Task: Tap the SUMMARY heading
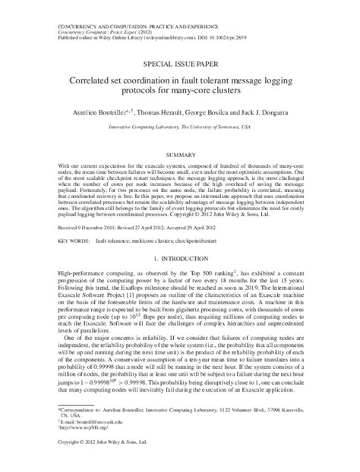tap(179, 153)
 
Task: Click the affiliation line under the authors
tap(179, 127)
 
